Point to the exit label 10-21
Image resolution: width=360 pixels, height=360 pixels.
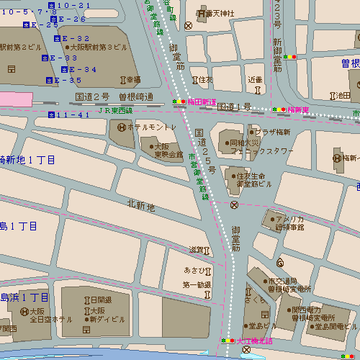(x=74, y=5)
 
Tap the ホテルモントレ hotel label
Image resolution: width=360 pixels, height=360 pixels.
(x=152, y=127)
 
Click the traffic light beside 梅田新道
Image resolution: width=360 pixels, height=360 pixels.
(x=179, y=102)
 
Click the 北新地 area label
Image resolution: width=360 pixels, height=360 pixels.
(x=141, y=207)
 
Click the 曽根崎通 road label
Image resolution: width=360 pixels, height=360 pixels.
(x=136, y=96)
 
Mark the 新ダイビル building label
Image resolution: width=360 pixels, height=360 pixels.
(x=102, y=318)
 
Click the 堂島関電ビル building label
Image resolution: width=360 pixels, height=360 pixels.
(x=330, y=326)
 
